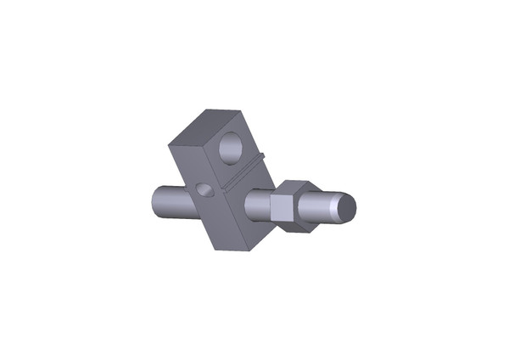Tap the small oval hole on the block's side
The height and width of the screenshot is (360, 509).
[203, 188]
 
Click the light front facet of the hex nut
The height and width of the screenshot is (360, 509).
[280, 207]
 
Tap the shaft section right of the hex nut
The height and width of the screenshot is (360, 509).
[322, 209]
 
